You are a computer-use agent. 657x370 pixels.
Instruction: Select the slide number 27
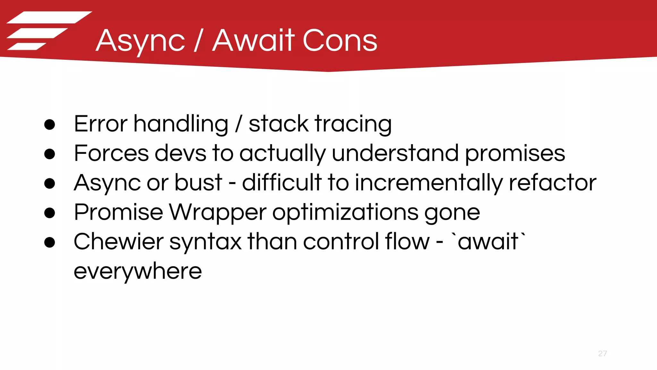pyautogui.click(x=602, y=353)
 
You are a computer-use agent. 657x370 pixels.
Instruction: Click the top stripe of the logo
pyautogui.click(x=49, y=17)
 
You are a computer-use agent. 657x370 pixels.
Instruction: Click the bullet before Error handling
pyautogui.click(x=50, y=125)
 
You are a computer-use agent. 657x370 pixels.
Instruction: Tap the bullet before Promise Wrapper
pyautogui.click(x=50, y=213)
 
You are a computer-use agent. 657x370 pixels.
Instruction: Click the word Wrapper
pyautogui.click(x=218, y=213)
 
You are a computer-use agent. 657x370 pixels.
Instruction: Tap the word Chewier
pyautogui.click(x=118, y=242)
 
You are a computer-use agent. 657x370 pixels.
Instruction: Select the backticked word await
pyautogui.click(x=488, y=242)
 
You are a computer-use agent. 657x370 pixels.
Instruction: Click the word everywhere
pyautogui.click(x=138, y=272)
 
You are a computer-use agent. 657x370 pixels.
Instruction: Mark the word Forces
pyautogui.click(x=111, y=154)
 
